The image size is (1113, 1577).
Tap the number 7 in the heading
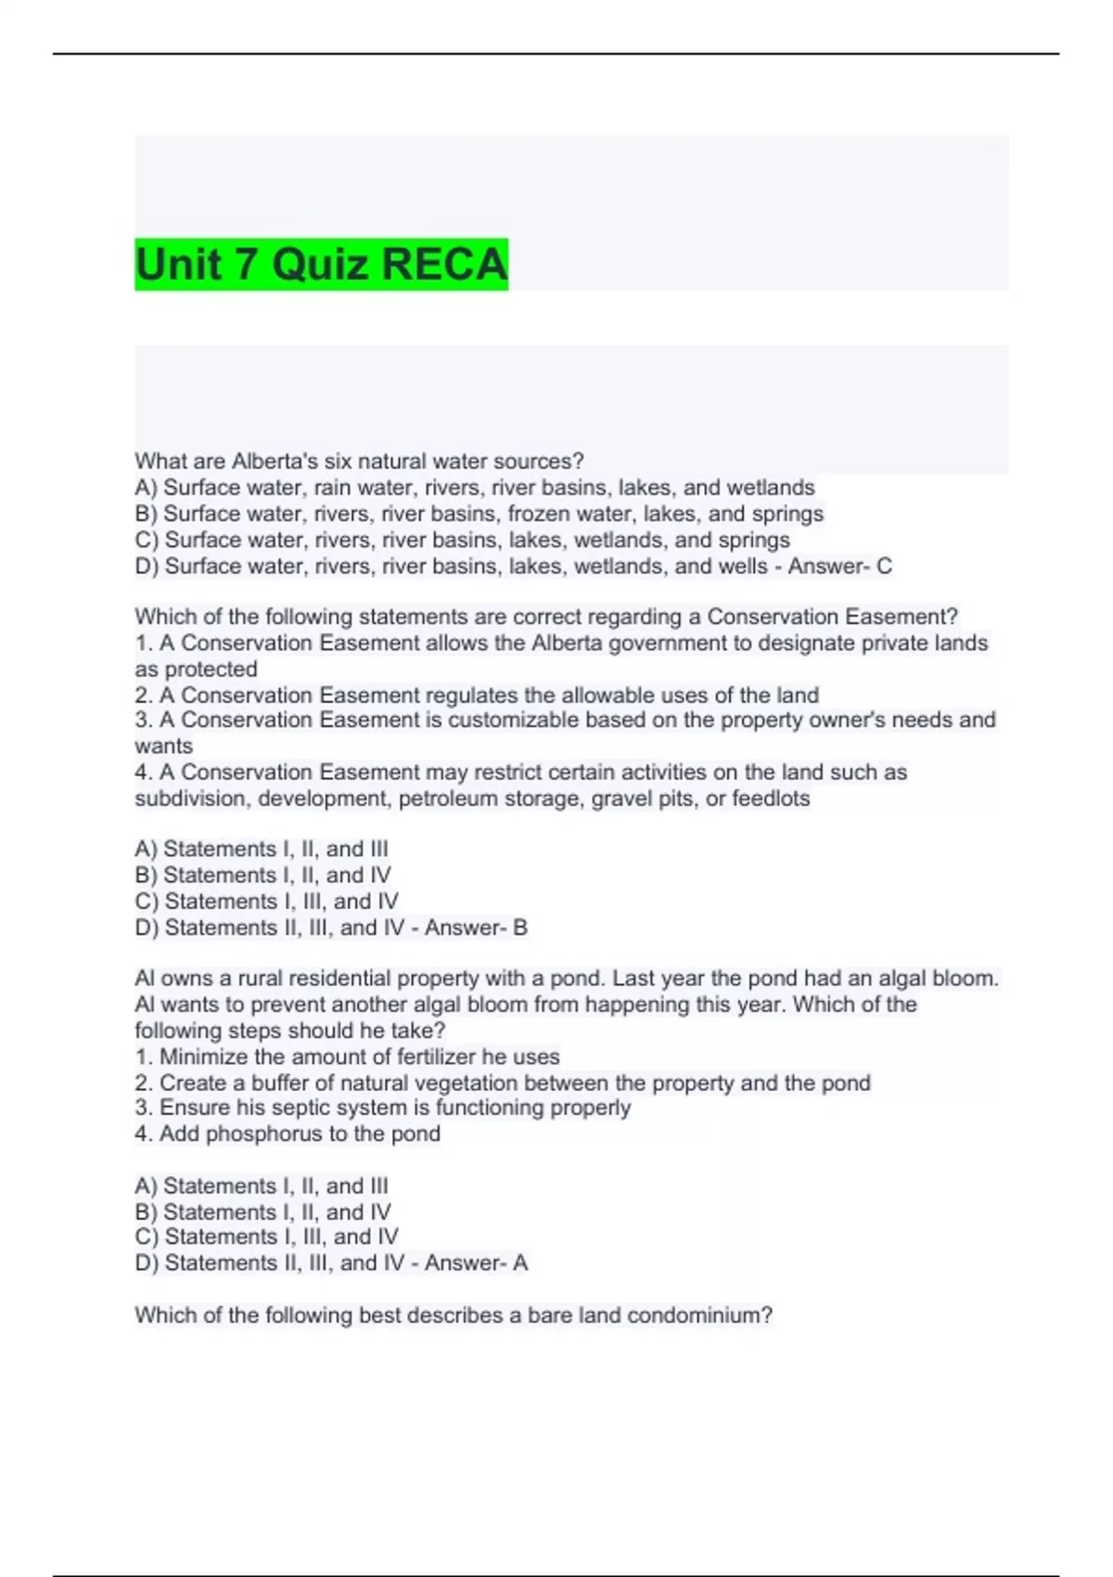click(x=245, y=264)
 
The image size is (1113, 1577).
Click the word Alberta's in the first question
click(x=275, y=461)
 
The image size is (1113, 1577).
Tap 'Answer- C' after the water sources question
click(x=839, y=566)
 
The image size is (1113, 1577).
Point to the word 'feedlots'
click(x=771, y=799)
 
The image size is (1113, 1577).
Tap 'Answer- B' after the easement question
click(x=476, y=928)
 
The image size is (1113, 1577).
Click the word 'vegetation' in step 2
click(x=472, y=1083)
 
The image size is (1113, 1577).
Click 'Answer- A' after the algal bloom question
click(x=476, y=1263)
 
